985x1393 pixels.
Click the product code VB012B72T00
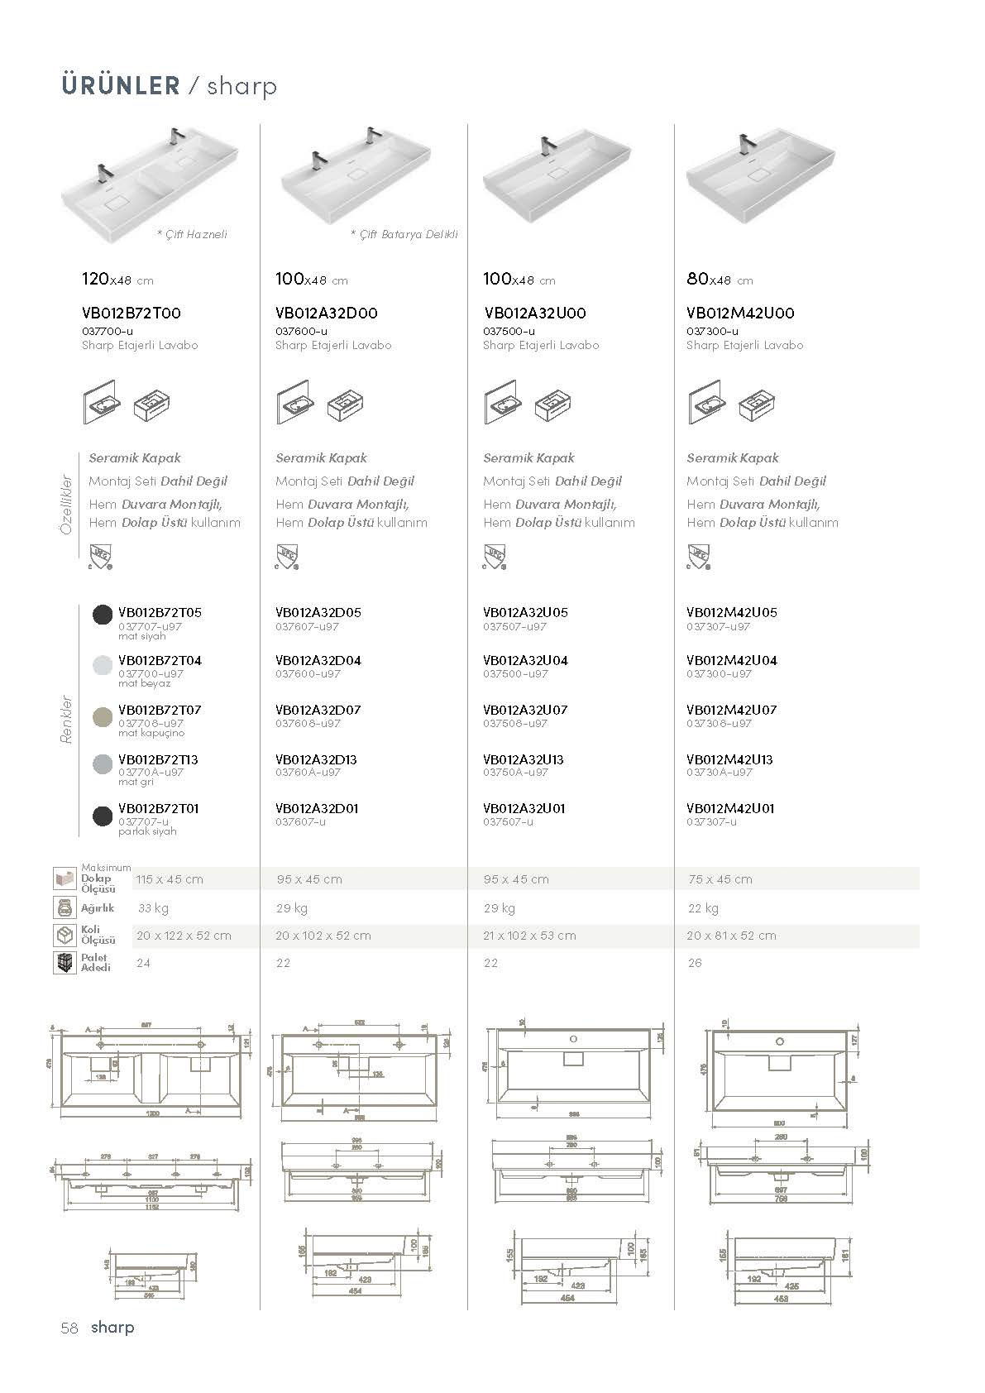[x=131, y=313]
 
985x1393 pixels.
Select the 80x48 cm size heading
[x=719, y=280]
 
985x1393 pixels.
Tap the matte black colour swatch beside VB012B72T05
[x=102, y=615]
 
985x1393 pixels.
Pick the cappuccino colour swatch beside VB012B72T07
[x=102, y=716]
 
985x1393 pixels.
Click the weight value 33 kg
[x=153, y=907]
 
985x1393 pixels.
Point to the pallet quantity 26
[x=695, y=963]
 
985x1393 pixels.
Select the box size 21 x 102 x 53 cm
[x=529, y=936]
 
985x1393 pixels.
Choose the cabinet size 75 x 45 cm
[x=720, y=879]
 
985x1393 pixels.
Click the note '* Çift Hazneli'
[x=192, y=234]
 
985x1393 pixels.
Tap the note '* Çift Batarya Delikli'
[x=404, y=234]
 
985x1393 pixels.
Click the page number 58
[x=69, y=1328]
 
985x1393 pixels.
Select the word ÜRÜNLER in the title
[x=120, y=85]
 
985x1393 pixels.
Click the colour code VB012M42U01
[x=730, y=808]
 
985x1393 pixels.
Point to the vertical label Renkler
[x=68, y=720]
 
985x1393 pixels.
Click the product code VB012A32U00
[x=534, y=313]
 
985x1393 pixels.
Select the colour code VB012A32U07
[x=525, y=710]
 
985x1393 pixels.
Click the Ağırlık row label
[x=98, y=907]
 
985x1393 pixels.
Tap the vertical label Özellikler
[x=68, y=505]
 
